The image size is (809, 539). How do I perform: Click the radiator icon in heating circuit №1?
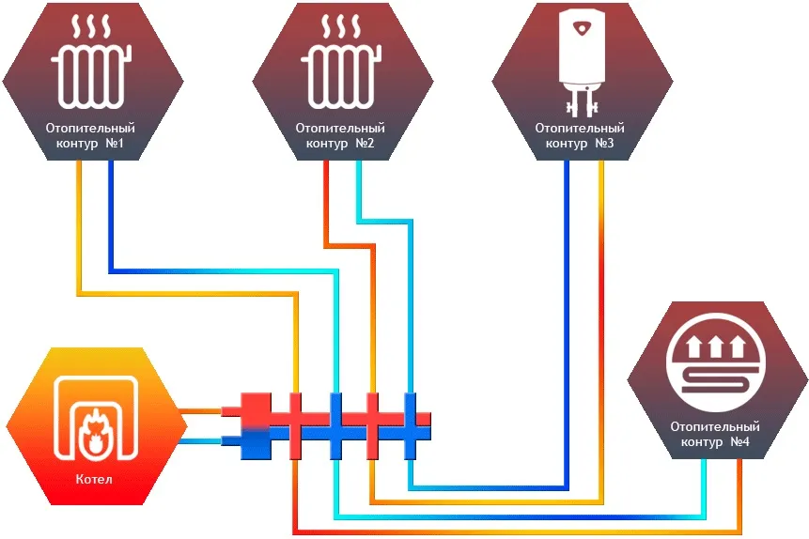[x=90, y=79]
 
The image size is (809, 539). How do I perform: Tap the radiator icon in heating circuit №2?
[x=341, y=79]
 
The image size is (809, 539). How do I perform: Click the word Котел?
[x=92, y=480]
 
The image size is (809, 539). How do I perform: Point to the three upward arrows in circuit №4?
[x=717, y=349]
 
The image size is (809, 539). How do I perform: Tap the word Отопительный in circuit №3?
[x=580, y=128]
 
